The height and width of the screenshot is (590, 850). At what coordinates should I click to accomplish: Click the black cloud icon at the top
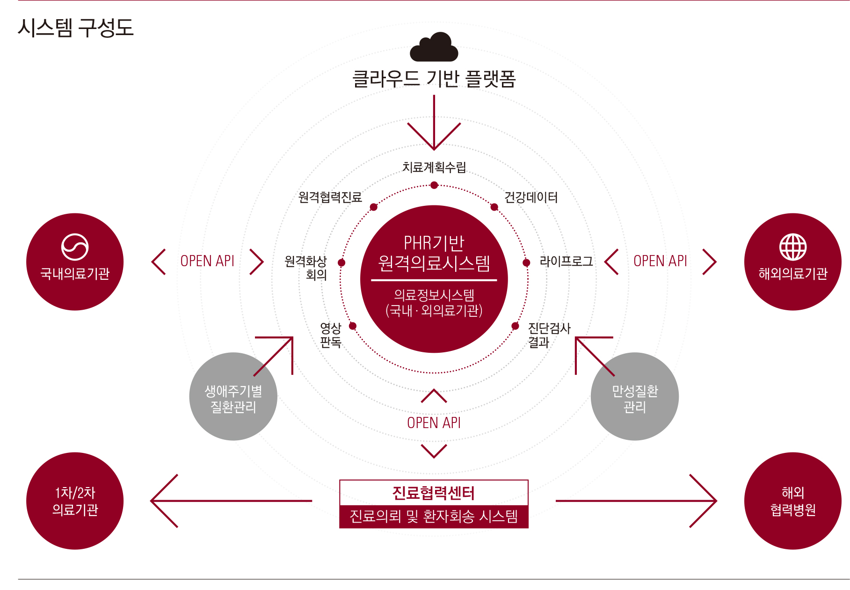(x=434, y=47)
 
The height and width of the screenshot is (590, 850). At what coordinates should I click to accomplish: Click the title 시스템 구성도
(x=76, y=28)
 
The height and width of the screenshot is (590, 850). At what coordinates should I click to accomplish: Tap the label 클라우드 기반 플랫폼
(x=434, y=79)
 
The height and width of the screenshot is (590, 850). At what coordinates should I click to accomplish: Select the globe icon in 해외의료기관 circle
(x=792, y=247)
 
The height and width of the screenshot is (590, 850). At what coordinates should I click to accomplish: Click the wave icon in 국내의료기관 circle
(x=75, y=247)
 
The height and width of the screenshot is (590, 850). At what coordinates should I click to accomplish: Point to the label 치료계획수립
(x=434, y=167)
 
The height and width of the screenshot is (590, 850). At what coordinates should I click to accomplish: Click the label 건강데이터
(x=530, y=197)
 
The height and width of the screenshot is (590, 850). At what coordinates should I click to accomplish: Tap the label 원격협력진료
(x=330, y=197)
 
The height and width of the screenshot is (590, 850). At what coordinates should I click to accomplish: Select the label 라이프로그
(x=566, y=262)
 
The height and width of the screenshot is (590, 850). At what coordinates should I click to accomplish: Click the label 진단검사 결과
(x=549, y=335)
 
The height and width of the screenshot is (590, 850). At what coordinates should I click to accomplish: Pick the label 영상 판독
(x=330, y=335)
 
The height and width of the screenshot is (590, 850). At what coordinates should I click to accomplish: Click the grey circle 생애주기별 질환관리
(x=233, y=397)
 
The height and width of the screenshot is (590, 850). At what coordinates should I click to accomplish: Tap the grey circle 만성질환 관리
(x=634, y=397)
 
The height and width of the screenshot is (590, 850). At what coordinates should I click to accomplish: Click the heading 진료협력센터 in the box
(x=434, y=493)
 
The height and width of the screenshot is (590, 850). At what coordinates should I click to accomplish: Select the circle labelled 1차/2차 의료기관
(x=75, y=501)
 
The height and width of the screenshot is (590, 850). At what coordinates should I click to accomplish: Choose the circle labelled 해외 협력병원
(x=792, y=501)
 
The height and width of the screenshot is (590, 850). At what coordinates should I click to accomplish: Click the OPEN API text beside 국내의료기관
(x=207, y=261)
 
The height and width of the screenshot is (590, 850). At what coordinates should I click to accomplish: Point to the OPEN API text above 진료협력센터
(x=434, y=423)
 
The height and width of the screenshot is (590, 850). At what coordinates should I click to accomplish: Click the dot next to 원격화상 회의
(x=341, y=263)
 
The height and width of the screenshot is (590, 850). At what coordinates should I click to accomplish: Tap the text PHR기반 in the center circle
(x=434, y=243)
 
